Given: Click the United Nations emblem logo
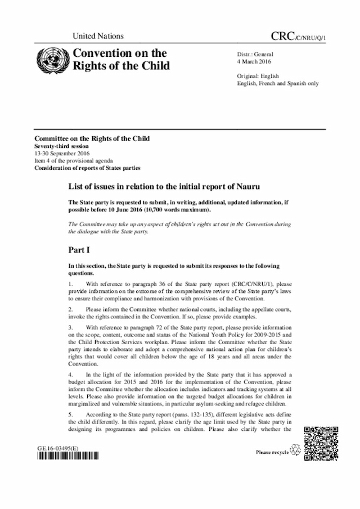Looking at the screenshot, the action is click(50, 59).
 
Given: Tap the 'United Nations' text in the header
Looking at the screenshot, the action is click(98, 37).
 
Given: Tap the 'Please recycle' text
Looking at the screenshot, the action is click(272, 451).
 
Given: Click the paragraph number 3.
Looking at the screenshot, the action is click(70, 326).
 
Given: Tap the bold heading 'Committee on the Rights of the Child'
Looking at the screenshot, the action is click(92, 138).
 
